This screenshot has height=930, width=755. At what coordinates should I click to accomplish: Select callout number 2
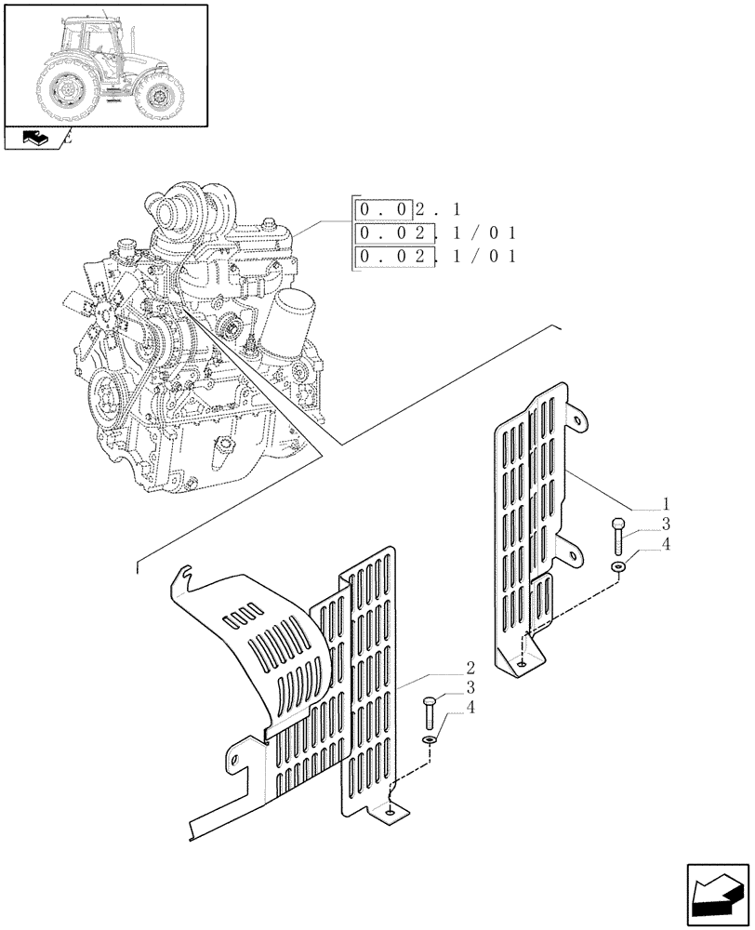(x=470, y=668)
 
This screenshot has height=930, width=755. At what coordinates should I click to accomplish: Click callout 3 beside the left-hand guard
(x=470, y=688)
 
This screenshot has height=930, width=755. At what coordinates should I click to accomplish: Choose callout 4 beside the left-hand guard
(x=470, y=710)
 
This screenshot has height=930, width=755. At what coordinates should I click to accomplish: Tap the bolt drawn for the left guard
(x=429, y=711)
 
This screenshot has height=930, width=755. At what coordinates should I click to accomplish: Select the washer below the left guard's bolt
(x=429, y=739)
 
